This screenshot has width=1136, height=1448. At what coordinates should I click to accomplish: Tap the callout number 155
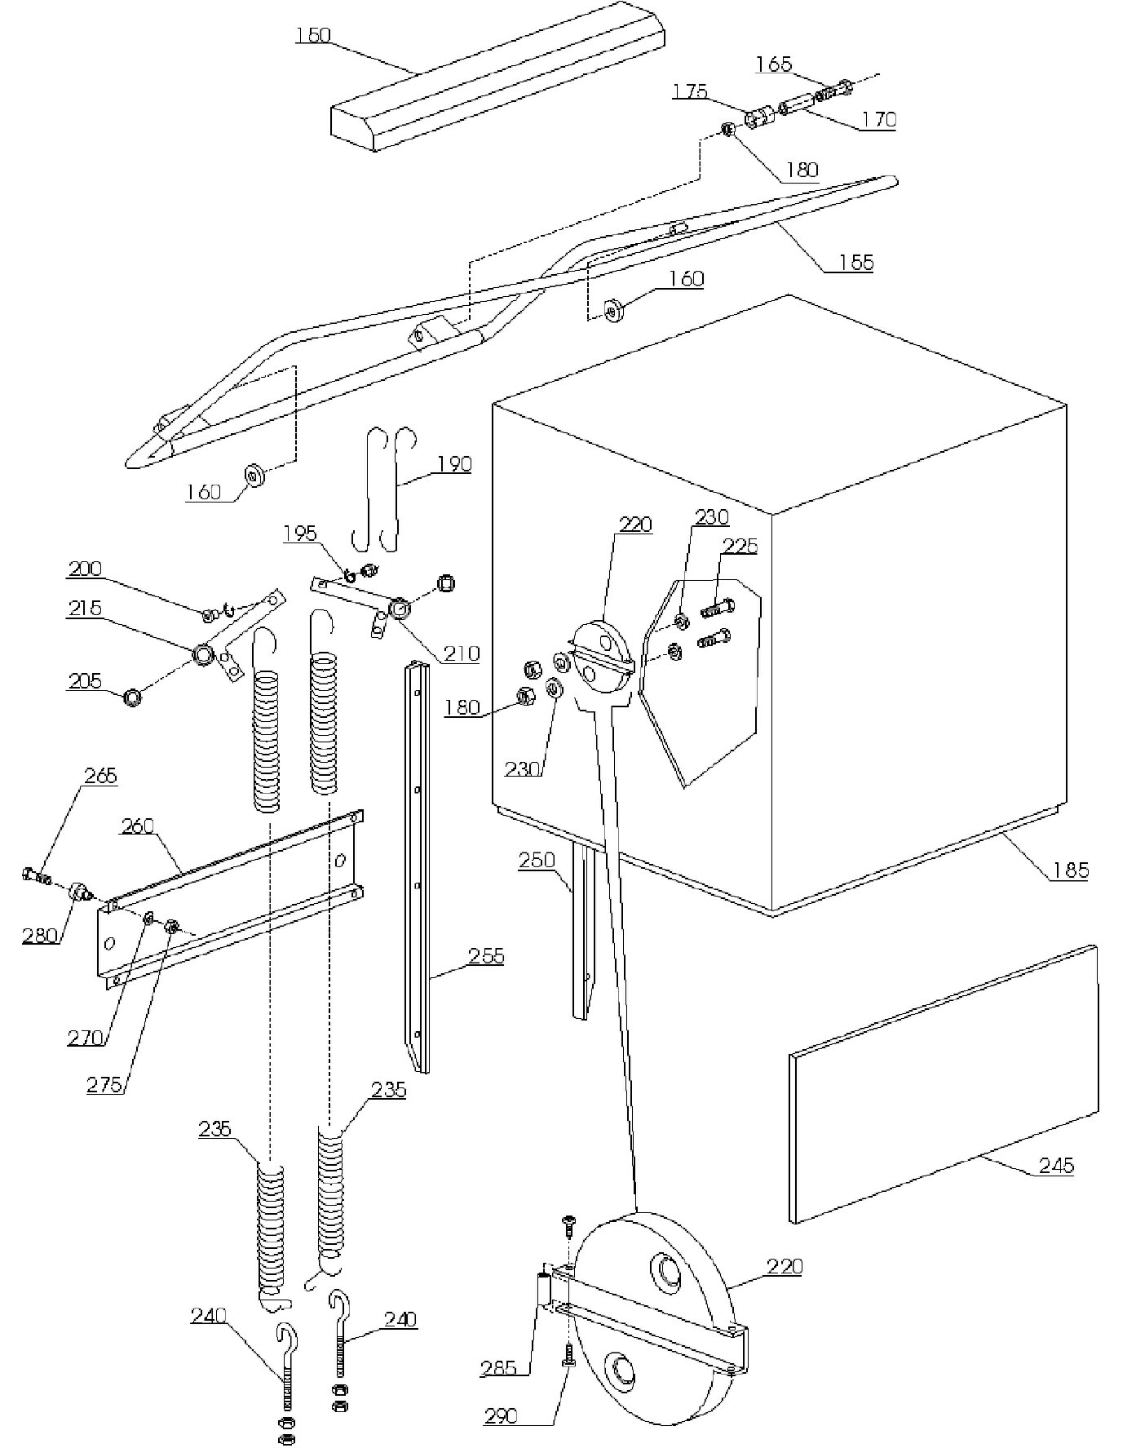[x=856, y=262]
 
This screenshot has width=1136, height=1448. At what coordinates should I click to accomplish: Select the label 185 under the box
[x=1071, y=870]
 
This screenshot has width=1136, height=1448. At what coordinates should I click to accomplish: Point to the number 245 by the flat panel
[x=1056, y=1166]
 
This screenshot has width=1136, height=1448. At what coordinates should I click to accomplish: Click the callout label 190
[x=454, y=463]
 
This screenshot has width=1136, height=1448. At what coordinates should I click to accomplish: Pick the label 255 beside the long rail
[x=487, y=955]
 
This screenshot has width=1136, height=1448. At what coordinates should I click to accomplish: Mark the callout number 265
[x=100, y=775]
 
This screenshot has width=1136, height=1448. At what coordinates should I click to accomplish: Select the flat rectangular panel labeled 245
[x=944, y=1083]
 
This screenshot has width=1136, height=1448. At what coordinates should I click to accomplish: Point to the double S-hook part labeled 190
[x=385, y=489]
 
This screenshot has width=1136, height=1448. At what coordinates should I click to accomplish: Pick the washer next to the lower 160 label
[x=255, y=475]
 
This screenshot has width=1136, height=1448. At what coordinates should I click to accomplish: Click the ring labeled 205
[x=131, y=698]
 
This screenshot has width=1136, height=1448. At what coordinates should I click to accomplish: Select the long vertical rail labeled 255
[x=417, y=866]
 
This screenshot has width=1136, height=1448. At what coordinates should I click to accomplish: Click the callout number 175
[x=690, y=91]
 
